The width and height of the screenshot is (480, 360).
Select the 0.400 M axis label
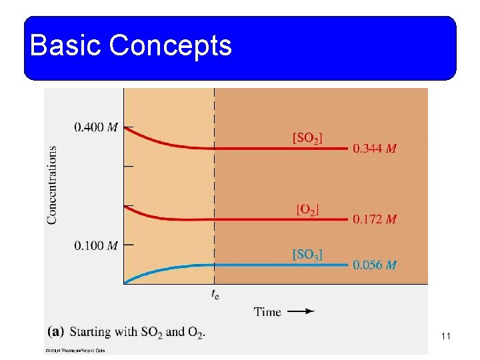pyautogui.click(x=96, y=127)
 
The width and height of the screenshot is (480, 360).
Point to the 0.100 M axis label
pyautogui.click(x=96, y=245)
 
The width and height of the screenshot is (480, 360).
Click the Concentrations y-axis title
pyautogui.click(x=52, y=185)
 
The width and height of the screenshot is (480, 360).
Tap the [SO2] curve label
pyautogui.click(x=307, y=139)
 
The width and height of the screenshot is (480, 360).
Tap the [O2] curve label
pyautogui.click(x=307, y=209)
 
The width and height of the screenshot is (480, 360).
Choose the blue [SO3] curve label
pyautogui.click(x=307, y=255)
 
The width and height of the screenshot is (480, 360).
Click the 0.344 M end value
pyautogui.click(x=375, y=149)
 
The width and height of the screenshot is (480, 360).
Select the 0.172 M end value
pyautogui.click(x=375, y=219)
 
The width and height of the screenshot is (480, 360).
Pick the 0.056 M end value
pyautogui.click(x=375, y=265)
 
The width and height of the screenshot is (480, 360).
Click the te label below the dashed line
pyautogui.click(x=214, y=293)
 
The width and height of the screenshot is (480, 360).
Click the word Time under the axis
pyautogui.click(x=267, y=311)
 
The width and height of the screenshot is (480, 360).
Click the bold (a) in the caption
pyautogui.click(x=56, y=331)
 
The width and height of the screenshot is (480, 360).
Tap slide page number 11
pyautogui.click(x=446, y=337)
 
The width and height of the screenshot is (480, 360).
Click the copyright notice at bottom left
pyautogui.click(x=75, y=349)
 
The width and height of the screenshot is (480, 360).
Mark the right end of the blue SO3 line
pyautogui.click(x=347, y=265)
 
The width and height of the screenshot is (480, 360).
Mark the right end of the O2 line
pyautogui.click(x=347, y=219)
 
